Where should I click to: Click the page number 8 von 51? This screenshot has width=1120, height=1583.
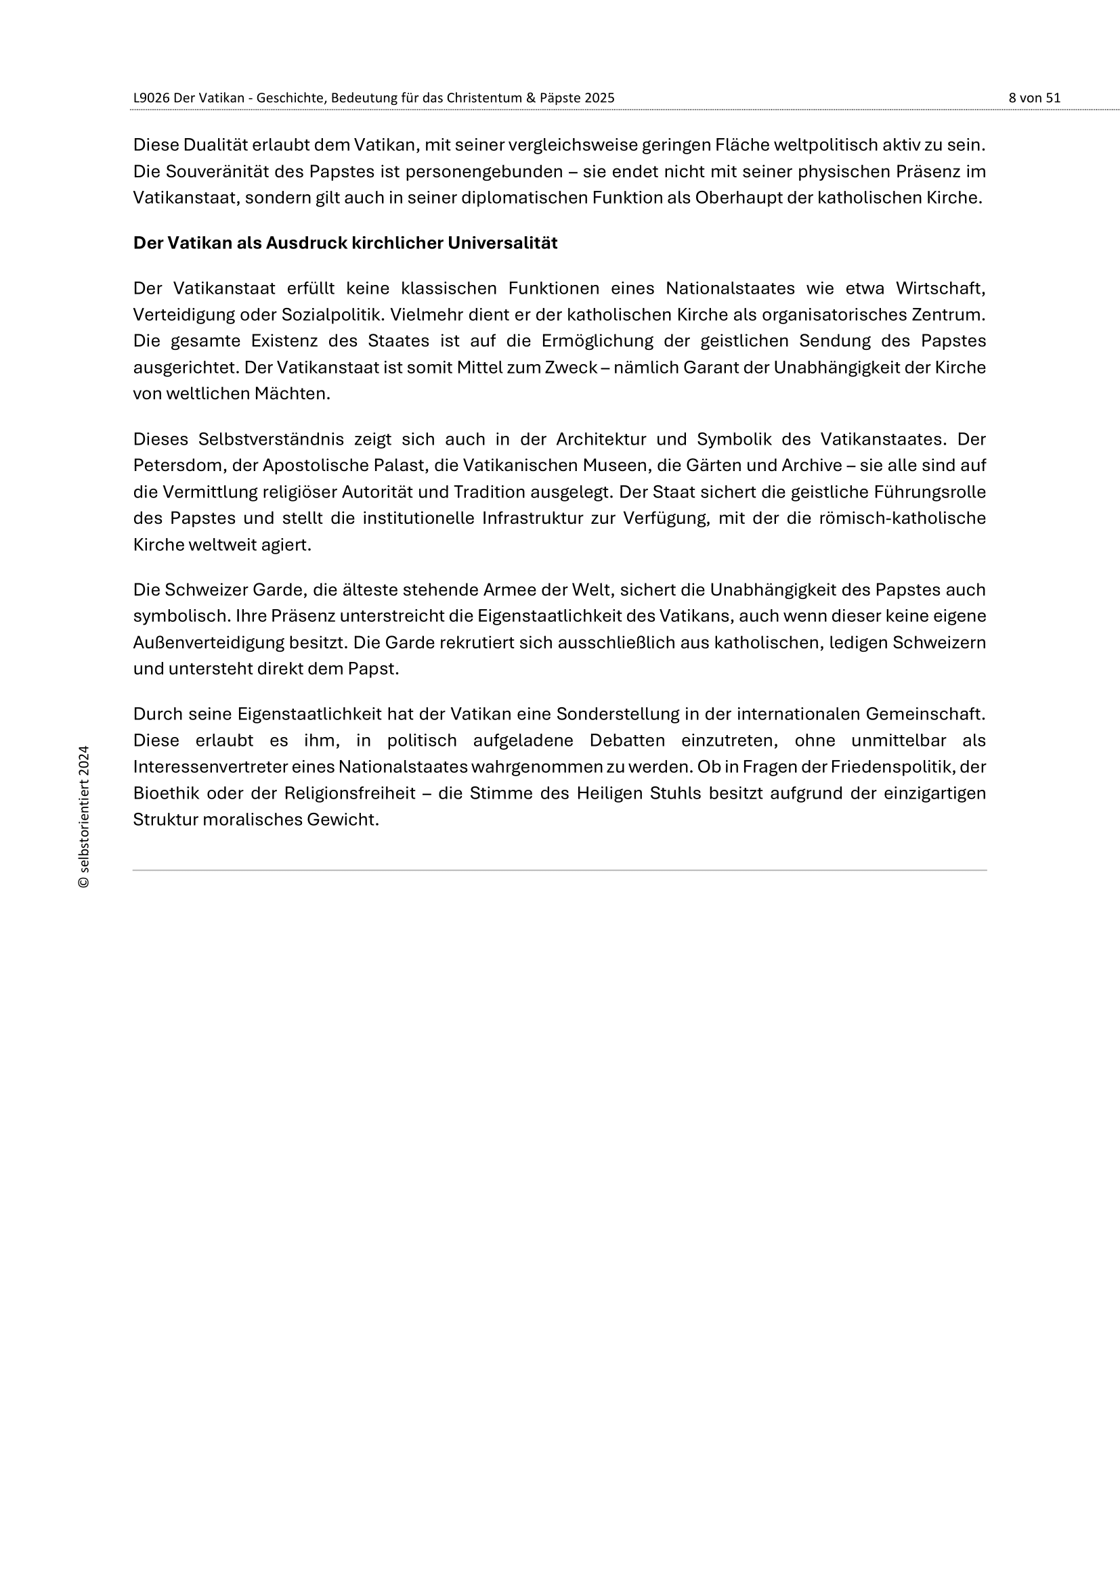pos(1034,98)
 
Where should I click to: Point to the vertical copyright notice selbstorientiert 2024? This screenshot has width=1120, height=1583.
pos(84,816)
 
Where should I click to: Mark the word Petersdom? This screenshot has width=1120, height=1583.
pos(178,466)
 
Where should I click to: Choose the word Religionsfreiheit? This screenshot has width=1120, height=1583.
pos(349,794)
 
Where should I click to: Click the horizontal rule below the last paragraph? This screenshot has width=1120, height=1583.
pos(559,870)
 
